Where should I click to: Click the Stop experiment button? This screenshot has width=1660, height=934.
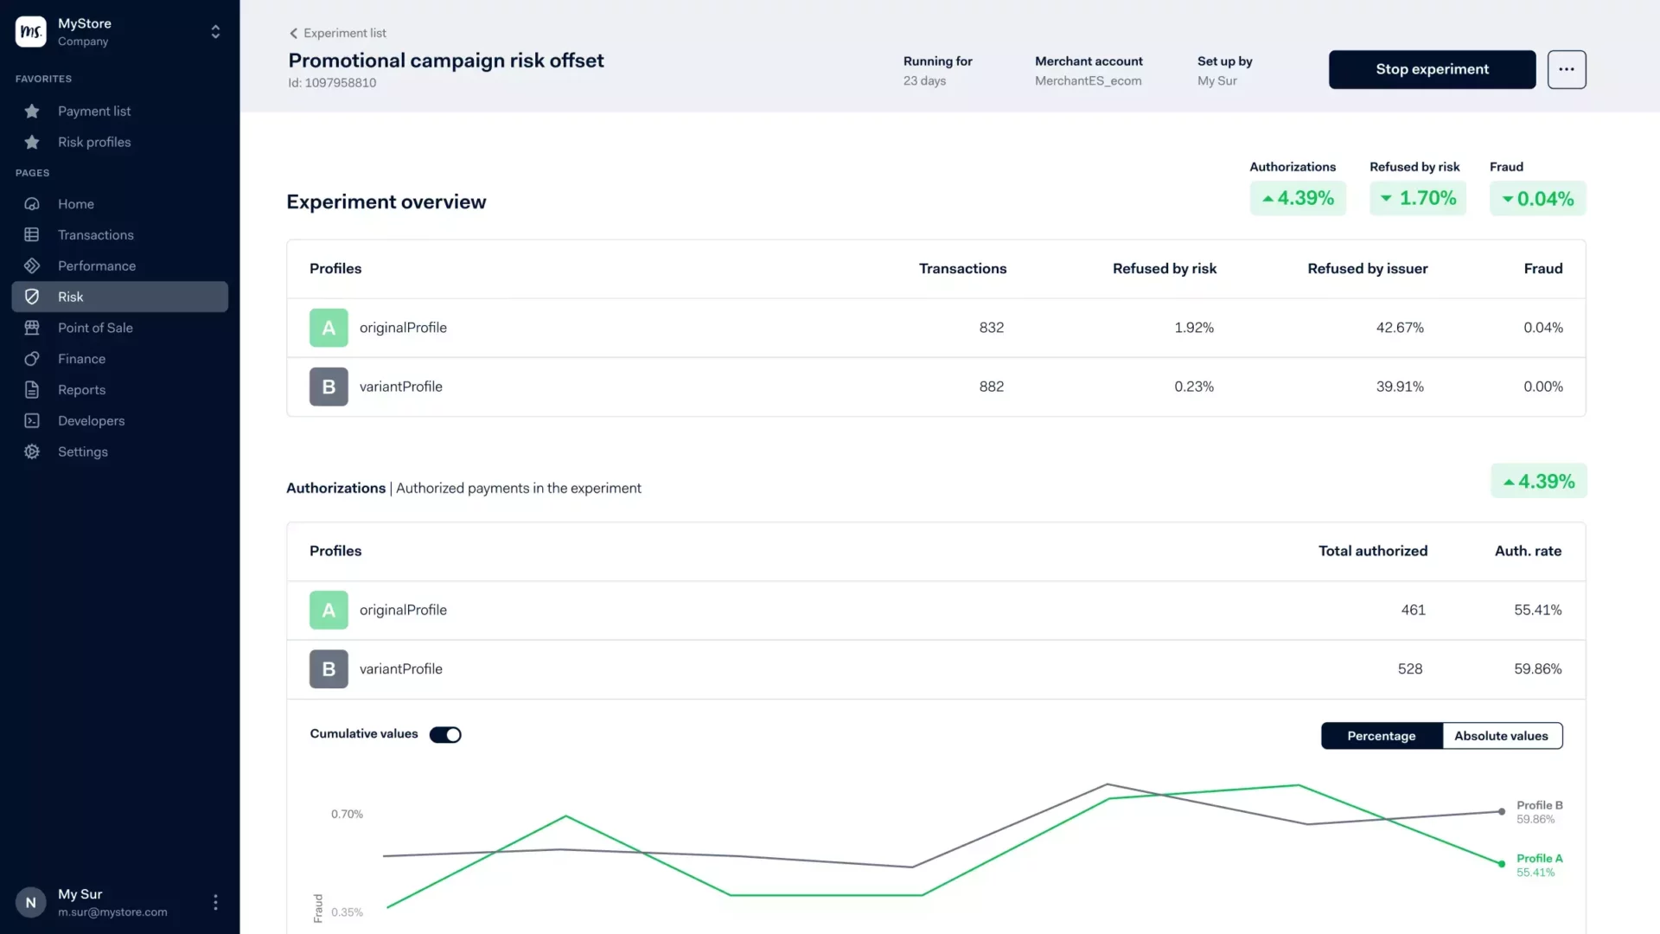click(x=1432, y=69)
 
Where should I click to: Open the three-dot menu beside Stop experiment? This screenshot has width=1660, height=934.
click(x=1566, y=69)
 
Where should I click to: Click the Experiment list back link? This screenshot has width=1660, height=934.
click(x=338, y=33)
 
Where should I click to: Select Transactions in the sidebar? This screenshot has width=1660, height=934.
click(x=95, y=235)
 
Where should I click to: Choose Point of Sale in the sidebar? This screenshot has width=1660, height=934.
click(x=95, y=328)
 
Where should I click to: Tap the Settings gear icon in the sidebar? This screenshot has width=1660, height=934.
click(x=32, y=451)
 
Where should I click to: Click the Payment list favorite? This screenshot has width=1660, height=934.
click(x=94, y=111)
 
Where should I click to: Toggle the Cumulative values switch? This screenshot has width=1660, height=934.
click(x=445, y=734)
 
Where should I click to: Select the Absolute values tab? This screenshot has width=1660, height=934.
click(x=1501, y=736)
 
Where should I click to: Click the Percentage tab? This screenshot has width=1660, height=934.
click(x=1381, y=736)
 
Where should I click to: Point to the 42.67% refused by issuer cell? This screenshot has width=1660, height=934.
click(x=1399, y=328)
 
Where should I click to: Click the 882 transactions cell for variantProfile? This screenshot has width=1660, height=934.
click(x=991, y=387)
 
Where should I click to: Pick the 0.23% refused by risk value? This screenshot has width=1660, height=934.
click(x=1193, y=387)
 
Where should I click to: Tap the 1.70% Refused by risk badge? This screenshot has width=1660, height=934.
click(x=1417, y=198)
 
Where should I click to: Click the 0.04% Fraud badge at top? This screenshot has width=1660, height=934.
click(x=1537, y=199)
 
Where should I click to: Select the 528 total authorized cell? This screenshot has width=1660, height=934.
click(x=1409, y=669)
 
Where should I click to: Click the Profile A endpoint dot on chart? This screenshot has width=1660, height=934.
click(x=1502, y=863)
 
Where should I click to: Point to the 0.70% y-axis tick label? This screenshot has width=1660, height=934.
click(x=347, y=814)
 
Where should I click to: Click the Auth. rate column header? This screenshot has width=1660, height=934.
click(x=1528, y=551)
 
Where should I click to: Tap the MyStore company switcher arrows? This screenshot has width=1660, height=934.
click(x=215, y=32)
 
